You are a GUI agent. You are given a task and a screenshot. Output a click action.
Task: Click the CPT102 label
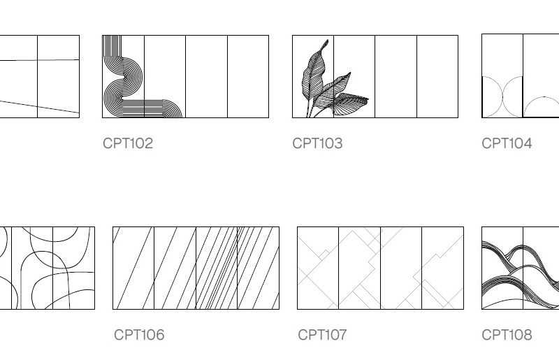128,143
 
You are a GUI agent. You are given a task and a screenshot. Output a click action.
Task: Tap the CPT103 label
317,143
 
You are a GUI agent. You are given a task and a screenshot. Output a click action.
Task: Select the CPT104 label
507,143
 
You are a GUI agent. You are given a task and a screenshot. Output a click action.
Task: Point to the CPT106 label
139,335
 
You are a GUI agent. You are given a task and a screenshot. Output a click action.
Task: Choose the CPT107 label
322,335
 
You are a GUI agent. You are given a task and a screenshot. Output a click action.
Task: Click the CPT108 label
507,335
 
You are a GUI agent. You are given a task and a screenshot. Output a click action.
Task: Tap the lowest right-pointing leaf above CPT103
350,103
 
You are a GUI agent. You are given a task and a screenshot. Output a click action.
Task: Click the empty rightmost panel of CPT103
437,76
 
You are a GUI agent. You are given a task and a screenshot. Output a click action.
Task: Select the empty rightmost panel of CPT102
248,76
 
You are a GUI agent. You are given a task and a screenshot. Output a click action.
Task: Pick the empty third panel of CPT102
206,76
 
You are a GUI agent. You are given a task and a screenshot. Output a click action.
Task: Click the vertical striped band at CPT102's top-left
112,46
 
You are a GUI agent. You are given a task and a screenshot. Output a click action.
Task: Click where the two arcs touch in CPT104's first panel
502,96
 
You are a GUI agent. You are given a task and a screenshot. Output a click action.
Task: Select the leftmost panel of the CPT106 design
133,268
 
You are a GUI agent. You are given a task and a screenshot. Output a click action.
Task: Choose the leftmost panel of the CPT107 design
318,268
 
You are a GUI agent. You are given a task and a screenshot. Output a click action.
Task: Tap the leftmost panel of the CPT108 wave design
502,268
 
